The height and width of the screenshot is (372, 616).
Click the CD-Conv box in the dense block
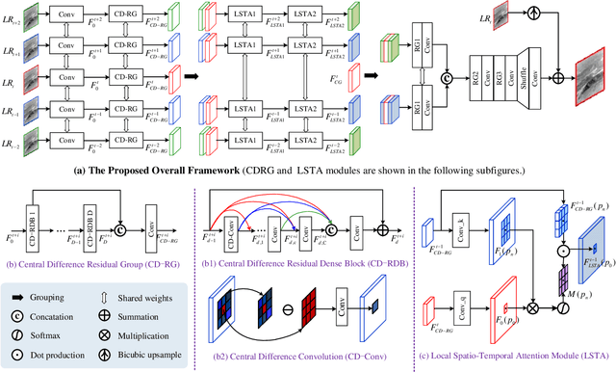click(235, 226)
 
